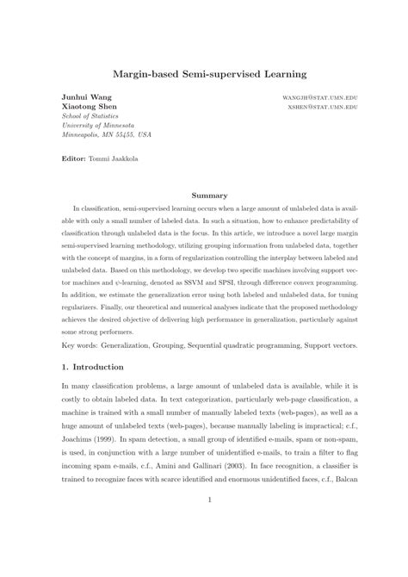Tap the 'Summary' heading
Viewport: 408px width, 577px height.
click(x=207, y=195)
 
